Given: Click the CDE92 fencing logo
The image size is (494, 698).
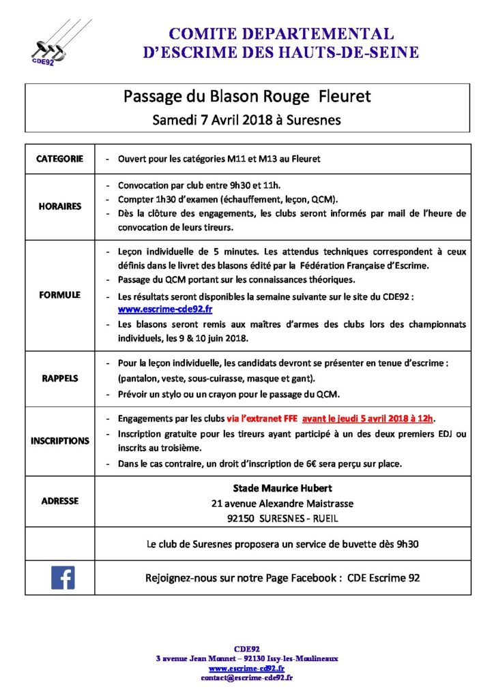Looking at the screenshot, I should (52, 44).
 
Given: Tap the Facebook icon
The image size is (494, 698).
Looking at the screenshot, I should (63, 578).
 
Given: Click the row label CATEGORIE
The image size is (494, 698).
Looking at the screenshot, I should (59, 159).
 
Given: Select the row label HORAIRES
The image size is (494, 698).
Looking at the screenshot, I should (59, 206).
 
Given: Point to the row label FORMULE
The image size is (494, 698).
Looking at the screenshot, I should (59, 294).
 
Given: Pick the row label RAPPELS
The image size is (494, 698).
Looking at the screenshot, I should (59, 378).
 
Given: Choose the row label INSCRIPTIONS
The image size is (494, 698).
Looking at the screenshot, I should (59, 440).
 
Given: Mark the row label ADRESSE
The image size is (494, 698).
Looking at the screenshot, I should (59, 500).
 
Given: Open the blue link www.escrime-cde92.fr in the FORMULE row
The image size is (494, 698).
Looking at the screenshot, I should (156, 309).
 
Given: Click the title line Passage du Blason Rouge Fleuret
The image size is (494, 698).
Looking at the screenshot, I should (247, 97).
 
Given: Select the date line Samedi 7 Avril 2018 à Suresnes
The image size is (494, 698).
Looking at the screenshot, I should (247, 120).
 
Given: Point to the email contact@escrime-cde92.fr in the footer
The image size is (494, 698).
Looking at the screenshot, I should (247, 678).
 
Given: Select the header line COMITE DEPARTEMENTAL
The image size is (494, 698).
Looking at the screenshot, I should (280, 34).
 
